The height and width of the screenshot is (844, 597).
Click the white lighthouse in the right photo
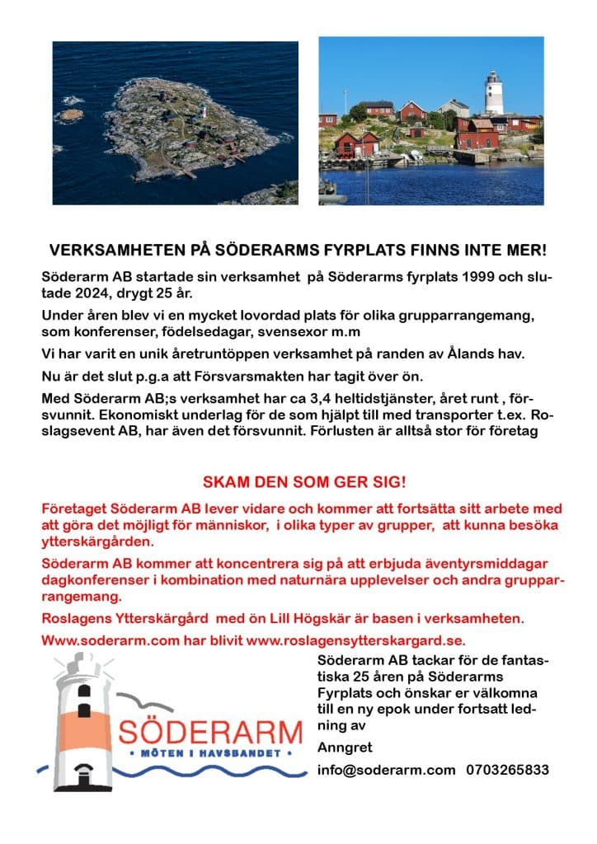pyautogui.click(x=493, y=93)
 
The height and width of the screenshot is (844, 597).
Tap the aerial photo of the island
pyautogui.click(x=175, y=122)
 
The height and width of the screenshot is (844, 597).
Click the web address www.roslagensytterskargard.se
pyautogui.click(x=356, y=640)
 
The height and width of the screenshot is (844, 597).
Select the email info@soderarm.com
pyautogui.click(x=386, y=770)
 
